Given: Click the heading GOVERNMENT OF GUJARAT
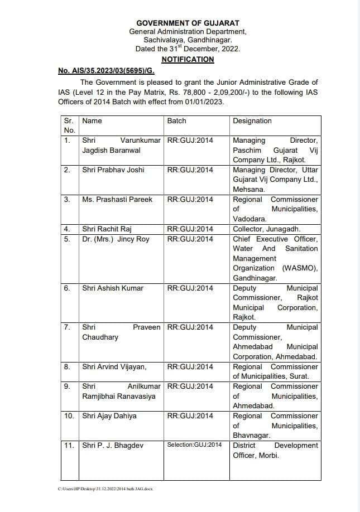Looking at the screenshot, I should click(x=188, y=23).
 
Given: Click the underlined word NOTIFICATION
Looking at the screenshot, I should click(x=188, y=59).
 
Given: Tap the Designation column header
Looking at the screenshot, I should click(x=252, y=120).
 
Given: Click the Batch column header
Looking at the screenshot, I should click(x=176, y=120).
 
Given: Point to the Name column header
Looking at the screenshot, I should click(x=92, y=120).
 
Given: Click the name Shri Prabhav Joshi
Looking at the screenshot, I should click(x=109, y=170).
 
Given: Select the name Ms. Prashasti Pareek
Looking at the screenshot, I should click(x=117, y=199).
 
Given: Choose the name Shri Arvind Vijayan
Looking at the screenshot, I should click(x=114, y=366).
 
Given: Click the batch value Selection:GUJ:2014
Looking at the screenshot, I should click(x=194, y=445).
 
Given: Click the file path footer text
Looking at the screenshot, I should click(x=105, y=489).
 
